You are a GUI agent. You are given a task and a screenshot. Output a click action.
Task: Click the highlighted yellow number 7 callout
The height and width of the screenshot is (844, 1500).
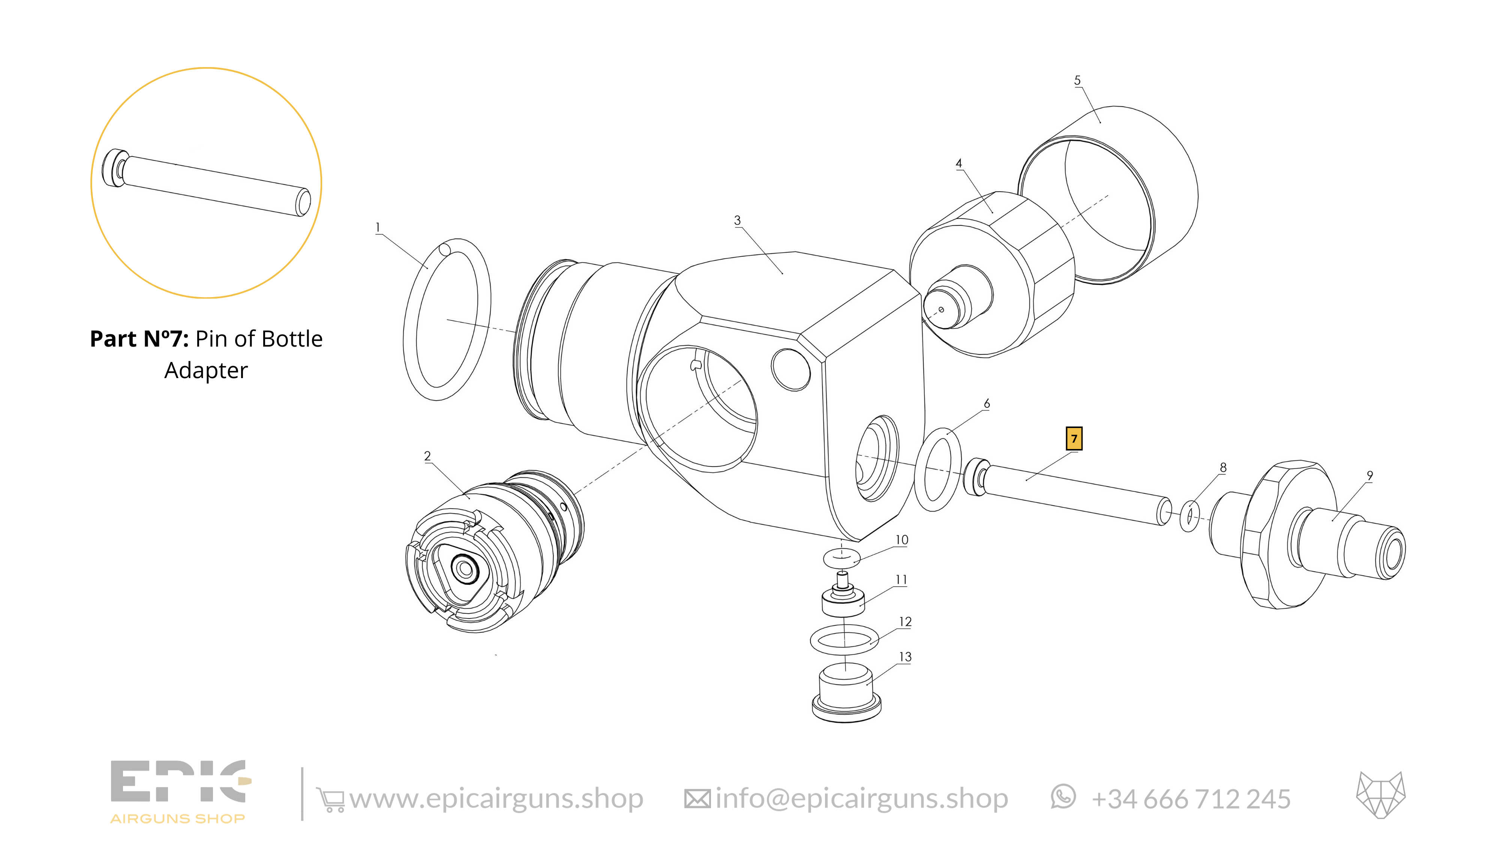coord(1074,439)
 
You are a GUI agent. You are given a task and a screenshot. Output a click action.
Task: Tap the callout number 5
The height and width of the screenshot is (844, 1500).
coord(1077,80)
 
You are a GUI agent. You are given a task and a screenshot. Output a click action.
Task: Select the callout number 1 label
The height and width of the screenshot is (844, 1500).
coord(378,227)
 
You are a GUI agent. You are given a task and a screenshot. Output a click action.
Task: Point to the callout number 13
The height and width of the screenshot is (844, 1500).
coord(905,657)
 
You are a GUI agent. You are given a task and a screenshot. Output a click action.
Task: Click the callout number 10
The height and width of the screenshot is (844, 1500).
coord(901,540)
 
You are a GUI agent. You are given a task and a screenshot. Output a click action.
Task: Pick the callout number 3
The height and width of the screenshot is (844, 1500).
coord(737,220)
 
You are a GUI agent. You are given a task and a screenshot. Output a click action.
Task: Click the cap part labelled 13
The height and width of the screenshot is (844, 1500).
coord(846,697)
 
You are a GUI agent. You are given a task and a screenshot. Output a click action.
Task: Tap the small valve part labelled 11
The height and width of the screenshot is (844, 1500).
coord(843,599)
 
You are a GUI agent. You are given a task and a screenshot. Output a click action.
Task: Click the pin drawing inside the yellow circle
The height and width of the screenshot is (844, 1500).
coord(206,183)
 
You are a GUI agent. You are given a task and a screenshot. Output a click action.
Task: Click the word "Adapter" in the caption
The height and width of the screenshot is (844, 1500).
coord(206,371)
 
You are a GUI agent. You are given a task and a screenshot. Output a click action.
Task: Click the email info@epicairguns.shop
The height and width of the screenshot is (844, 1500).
coord(862,799)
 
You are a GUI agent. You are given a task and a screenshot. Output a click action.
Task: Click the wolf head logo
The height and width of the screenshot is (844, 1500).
coord(1381,795)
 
